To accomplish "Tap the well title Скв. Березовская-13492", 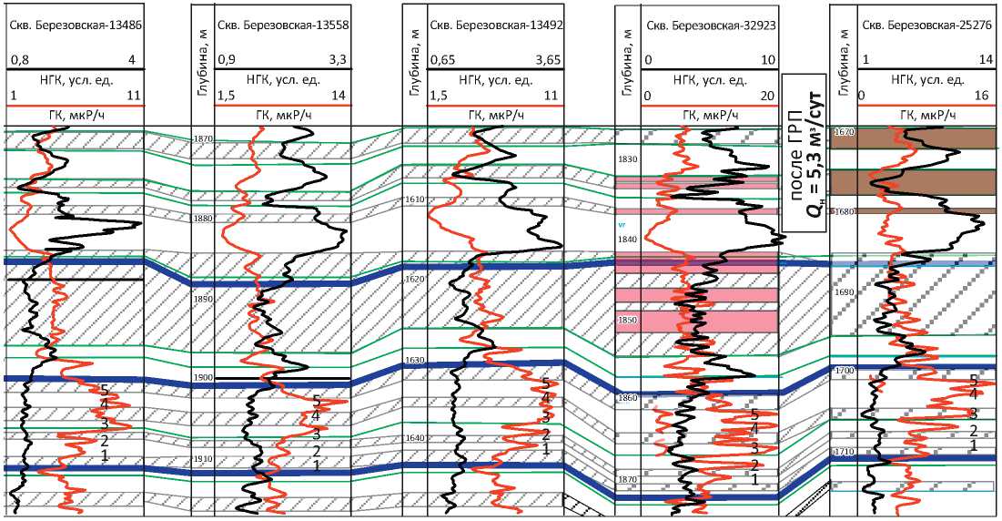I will pyautogui.click(x=495, y=26).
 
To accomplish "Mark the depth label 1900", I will pyautogui.click(x=202, y=377).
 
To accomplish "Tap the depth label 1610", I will pyautogui.click(x=414, y=199).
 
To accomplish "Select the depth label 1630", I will pyautogui.click(x=414, y=361).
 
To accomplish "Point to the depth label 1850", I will pyautogui.click(x=628, y=321).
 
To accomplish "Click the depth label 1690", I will pyautogui.click(x=844, y=292).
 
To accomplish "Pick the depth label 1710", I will pyautogui.click(x=844, y=452).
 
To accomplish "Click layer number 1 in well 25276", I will pyautogui.click(x=973, y=445).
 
